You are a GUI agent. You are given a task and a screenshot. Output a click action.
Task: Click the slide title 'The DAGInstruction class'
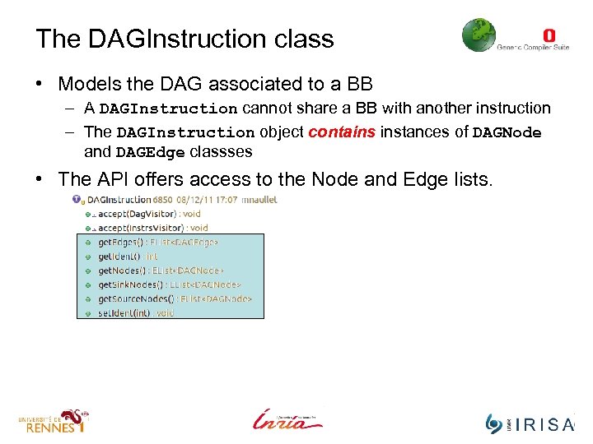(x=184, y=39)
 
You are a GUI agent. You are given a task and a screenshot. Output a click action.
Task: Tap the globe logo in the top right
(x=479, y=35)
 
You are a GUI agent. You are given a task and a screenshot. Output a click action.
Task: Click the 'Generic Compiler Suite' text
(x=533, y=48)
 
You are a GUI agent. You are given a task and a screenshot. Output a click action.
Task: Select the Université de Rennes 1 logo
(x=53, y=421)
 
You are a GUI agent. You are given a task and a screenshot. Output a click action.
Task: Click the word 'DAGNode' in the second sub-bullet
(x=506, y=132)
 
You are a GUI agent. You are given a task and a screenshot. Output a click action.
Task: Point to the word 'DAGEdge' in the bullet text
(x=150, y=152)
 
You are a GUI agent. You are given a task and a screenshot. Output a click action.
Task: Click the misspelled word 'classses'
(x=221, y=152)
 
